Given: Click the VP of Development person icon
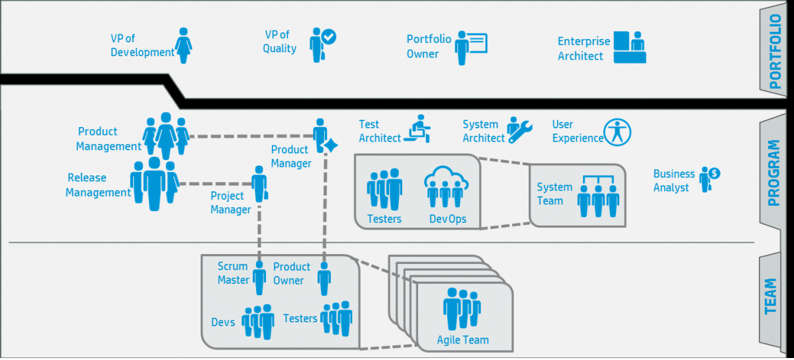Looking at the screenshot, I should [185, 45].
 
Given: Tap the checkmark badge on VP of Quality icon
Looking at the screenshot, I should [328, 37].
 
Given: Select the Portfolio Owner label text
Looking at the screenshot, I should [429, 46].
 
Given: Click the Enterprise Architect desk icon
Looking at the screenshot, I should [629, 47].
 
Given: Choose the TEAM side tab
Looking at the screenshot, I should [771, 296].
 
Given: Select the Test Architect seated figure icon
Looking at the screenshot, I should [418, 128].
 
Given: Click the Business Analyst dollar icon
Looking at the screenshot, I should [713, 173].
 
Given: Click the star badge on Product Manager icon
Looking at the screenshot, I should [331, 146].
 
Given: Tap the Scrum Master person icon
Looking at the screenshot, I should [259, 277].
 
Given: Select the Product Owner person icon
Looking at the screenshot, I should [324, 279].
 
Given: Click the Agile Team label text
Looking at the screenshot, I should [463, 340].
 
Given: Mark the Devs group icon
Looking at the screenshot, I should [258, 322].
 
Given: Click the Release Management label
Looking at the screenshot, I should [98, 185].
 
